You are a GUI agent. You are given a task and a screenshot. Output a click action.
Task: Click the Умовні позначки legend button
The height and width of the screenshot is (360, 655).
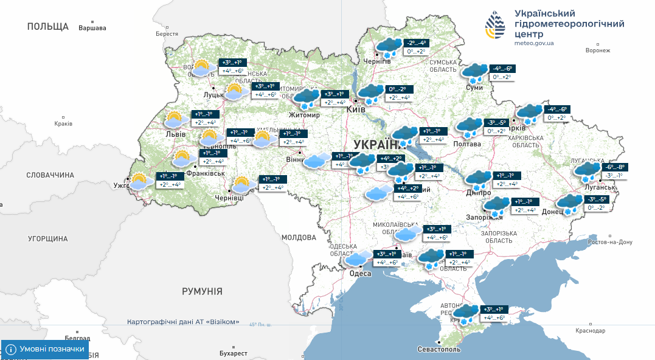[x=45, y=350]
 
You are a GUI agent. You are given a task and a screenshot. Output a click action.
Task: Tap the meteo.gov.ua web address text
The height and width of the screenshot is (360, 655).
[x=533, y=44]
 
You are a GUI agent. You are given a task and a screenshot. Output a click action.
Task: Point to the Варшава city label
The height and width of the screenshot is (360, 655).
[x=92, y=28]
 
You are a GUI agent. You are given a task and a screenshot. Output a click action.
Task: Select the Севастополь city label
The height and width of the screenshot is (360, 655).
[x=439, y=350]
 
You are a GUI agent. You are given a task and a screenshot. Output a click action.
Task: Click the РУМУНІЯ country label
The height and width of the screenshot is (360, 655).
[x=202, y=291]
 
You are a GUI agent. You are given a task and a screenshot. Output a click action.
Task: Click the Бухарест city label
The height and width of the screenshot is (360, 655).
[x=234, y=353]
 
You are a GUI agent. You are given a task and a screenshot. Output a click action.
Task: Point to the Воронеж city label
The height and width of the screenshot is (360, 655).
[x=597, y=50]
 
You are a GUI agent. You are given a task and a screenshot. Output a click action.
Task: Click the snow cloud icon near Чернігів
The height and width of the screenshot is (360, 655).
[x=387, y=47]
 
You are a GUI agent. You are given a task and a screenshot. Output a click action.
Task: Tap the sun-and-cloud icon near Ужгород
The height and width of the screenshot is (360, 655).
[x=140, y=182]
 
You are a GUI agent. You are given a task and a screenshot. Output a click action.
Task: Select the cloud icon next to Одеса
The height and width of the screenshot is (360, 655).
[x=358, y=258]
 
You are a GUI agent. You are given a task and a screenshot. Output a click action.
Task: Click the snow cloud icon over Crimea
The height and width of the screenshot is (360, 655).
[x=466, y=314]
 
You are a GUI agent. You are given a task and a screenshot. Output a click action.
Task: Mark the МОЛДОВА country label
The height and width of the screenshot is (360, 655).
[x=298, y=237]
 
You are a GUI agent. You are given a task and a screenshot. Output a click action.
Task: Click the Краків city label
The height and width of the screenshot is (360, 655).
[x=63, y=123]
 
